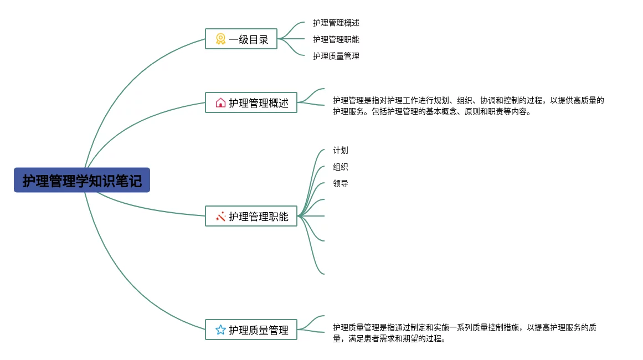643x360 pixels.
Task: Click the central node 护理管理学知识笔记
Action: (x=82, y=181)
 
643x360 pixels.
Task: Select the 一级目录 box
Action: (x=241, y=39)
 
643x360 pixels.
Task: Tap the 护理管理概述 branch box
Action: (x=251, y=103)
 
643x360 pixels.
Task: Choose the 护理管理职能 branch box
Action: (x=251, y=217)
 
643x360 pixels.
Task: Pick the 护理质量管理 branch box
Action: (x=251, y=330)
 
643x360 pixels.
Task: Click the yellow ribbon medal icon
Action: (x=220, y=39)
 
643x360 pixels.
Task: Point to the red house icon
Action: (x=220, y=103)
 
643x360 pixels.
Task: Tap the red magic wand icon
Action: (x=220, y=217)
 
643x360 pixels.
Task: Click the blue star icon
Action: (x=220, y=330)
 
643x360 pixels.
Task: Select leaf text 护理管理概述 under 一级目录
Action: (x=336, y=23)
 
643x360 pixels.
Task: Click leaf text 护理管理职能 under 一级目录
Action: (x=336, y=39)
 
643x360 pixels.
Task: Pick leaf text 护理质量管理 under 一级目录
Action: (x=336, y=56)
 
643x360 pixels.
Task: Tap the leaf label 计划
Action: (x=341, y=150)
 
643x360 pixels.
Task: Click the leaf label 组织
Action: (x=341, y=167)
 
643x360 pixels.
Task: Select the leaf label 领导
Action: (x=341, y=183)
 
